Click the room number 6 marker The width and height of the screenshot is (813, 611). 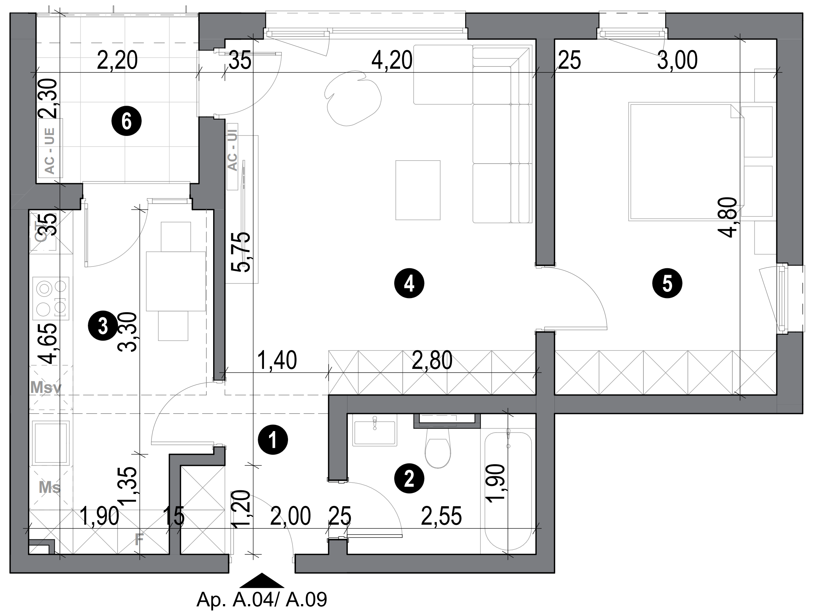[x=126, y=121]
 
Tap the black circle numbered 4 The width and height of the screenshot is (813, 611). [x=409, y=284]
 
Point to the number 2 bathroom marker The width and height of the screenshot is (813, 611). [x=409, y=479]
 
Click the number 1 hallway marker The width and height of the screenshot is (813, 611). [x=273, y=439]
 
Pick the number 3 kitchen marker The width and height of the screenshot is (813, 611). [x=103, y=326]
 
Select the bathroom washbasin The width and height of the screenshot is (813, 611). [x=374, y=433]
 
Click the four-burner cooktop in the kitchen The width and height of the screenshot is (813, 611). [x=51, y=298]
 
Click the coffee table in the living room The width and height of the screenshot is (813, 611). [x=418, y=190]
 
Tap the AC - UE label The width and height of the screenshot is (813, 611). [x=50, y=151]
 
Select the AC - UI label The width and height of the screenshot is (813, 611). [x=232, y=151]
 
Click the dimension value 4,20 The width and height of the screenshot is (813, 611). [x=391, y=61]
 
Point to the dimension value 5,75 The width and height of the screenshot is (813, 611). [x=241, y=252]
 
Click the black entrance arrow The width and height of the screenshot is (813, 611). [x=261, y=580]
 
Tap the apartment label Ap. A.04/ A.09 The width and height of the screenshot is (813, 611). [x=262, y=600]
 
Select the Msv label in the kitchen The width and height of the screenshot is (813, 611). [x=46, y=387]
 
